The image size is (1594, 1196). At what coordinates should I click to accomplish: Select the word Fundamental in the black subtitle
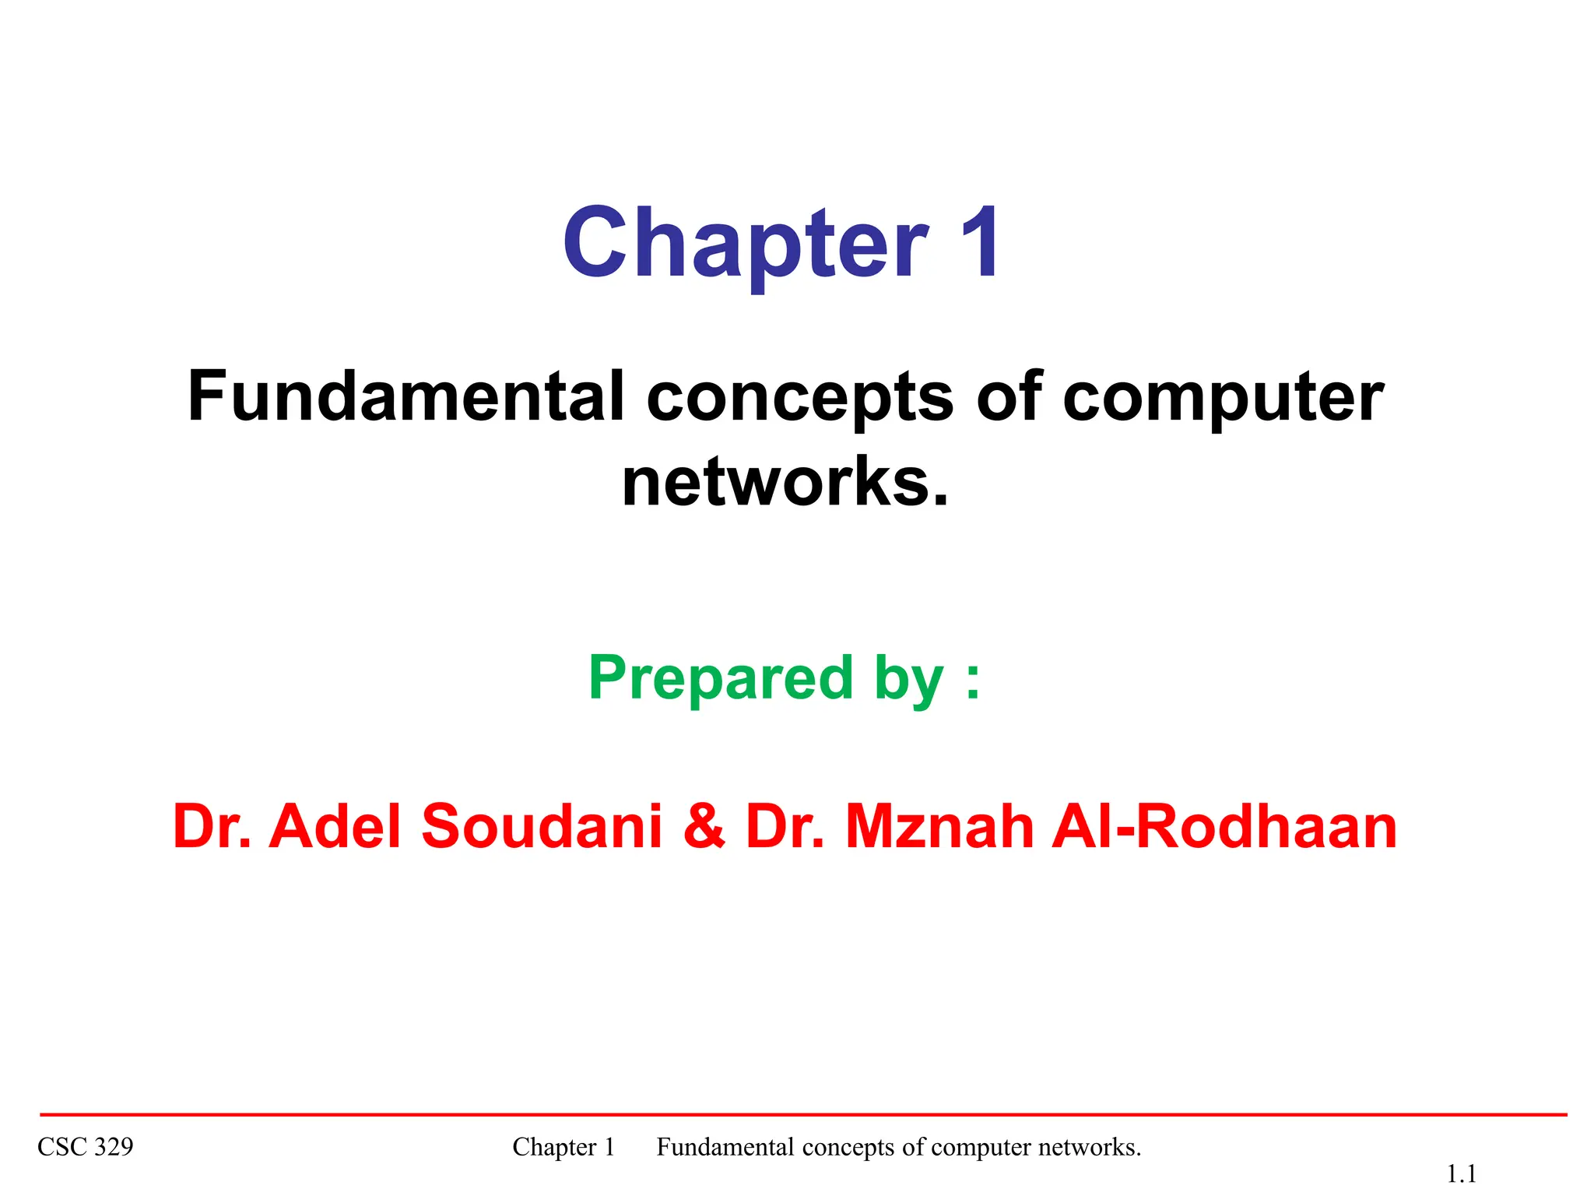coord(406,396)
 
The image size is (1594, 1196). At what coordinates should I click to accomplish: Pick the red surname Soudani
coord(542,826)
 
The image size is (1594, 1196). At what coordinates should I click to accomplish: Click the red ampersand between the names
coord(704,827)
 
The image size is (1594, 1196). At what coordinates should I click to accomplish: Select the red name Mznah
coord(939,826)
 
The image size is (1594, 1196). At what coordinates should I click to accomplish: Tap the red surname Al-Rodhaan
coord(1224,826)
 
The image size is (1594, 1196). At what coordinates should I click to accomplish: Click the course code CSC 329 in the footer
coord(86,1147)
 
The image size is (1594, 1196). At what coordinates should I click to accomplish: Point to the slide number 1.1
coord(1461,1173)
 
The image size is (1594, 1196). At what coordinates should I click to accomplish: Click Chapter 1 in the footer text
coord(564,1147)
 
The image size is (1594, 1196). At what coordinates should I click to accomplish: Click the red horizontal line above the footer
coord(802,1115)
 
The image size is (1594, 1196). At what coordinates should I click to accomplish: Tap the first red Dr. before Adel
coord(212,826)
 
